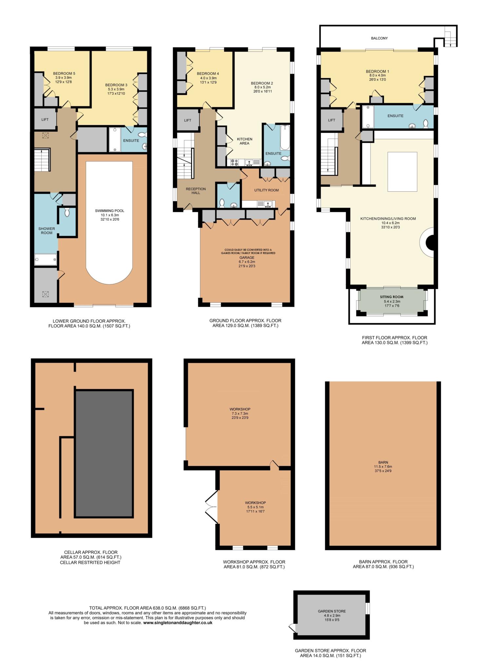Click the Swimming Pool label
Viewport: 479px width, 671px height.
pos(110,211)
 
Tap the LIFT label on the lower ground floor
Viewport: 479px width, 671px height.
pos(45,120)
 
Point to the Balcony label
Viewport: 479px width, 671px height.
pos(379,38)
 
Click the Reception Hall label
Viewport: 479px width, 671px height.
pos(196,191)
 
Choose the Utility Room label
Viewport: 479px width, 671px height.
pos(266,190)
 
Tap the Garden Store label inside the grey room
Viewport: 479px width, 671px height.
pos(332,611)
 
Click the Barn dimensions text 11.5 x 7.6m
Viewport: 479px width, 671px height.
pos(383,467)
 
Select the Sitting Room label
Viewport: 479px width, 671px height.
pos(392,297)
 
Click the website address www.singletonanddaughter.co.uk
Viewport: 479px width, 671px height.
pos(178,623)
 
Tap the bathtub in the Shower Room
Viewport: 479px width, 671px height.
pos(46,259)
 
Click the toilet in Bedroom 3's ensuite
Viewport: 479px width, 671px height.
pos(142,134)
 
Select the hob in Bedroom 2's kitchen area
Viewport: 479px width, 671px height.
pos(235,163)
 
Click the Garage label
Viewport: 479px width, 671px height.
pos(247,258)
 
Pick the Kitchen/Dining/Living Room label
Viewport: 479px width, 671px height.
pos(388,219)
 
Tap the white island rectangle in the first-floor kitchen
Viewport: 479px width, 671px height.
pos(402,171)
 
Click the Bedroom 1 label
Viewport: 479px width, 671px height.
pos(377,71)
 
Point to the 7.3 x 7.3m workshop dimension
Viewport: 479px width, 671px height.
pos(240,413)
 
